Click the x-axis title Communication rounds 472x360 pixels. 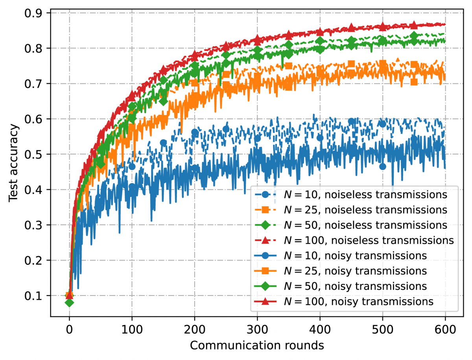tap(257, 345)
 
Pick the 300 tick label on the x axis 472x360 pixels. tap(257, 328)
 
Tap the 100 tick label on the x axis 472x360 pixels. tap(132, 328)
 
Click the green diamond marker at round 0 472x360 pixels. tap(69, 303)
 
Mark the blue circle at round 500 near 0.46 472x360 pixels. tap(382, 167)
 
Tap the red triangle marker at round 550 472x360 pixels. tap(414, 25)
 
